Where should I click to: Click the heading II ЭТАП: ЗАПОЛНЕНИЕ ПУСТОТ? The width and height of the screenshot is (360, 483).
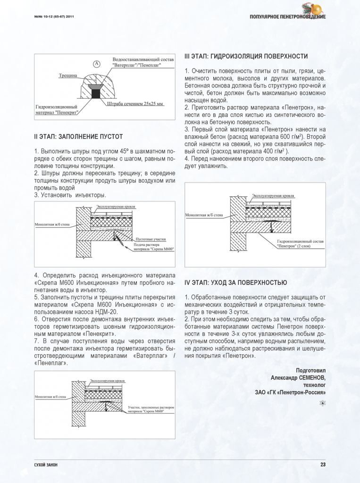tap(78, 137)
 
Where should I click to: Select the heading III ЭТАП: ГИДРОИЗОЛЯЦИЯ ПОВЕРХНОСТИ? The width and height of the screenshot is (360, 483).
tap(246, 57)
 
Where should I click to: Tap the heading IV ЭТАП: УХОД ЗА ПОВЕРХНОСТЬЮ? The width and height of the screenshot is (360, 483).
tap(235, 283)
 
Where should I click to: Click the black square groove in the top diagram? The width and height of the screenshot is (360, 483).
tap(96, 94)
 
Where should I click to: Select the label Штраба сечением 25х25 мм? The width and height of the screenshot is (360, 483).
tap(135, 103)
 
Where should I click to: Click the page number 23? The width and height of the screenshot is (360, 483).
tap(323, 465)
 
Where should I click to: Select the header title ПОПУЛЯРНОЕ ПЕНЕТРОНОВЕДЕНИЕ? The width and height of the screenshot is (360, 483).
tap(287, 17)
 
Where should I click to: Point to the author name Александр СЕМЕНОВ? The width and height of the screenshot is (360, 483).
tap(298, 378)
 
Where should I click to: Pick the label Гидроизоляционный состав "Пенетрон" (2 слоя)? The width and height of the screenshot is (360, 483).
tap(300, 243)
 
